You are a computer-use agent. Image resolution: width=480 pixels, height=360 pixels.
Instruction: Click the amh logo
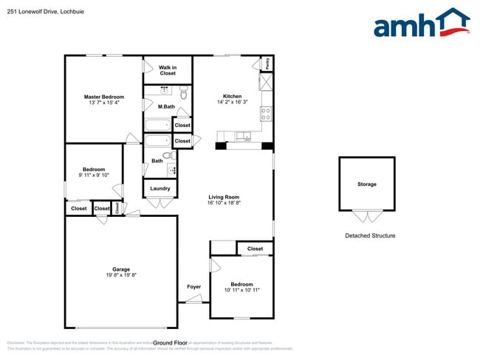click(x=421, y=24)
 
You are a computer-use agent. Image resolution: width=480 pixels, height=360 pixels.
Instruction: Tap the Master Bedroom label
click(x=103, y=97)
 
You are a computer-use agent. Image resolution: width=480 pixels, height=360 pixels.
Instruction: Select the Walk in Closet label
click(x=168, y=71)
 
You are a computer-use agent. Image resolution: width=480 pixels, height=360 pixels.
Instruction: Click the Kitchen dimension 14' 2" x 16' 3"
click(x=233, y=103)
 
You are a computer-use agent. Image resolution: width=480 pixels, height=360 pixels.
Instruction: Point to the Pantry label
click(x=267, y=64)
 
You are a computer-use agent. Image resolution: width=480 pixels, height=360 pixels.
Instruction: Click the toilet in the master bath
click(x=183, y=94)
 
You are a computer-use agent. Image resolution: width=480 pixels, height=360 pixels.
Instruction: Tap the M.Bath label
click(x=166, y=107)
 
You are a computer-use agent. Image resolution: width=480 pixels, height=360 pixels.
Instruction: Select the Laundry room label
click(x=160, y=188)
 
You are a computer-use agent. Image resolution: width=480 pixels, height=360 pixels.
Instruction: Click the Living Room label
click(x=224, y=197)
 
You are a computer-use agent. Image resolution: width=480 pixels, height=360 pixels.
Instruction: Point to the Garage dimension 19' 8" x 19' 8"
click(x=120, y=275)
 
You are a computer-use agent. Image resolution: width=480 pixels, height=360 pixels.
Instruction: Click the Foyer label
click(x=193, y=287)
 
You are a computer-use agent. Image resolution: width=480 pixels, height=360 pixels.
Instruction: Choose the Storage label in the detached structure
click(x=366, y=184)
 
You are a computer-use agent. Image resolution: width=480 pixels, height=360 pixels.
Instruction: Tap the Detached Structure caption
click(x=370, y=236)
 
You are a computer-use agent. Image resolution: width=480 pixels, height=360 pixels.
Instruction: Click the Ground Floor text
click(x=171, y=343)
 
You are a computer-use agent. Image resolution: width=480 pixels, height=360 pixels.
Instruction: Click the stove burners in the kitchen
click(x=265, y=114)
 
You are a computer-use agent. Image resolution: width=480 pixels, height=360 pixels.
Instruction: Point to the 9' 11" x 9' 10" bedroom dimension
click(x=94, y=176)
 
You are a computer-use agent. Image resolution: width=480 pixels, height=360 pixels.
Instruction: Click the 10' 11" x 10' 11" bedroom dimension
click(x=241, y=290)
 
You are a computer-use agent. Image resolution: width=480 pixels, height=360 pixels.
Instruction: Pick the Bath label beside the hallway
click(x=157, y=161)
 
